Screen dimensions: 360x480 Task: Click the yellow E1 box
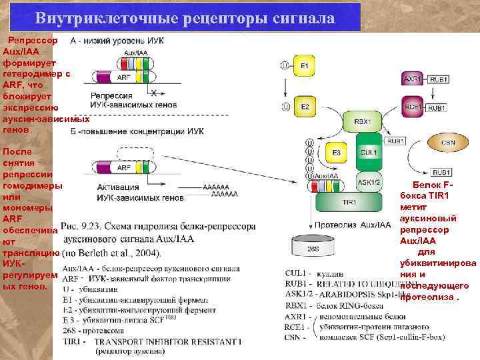305,65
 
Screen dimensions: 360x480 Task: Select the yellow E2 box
305,107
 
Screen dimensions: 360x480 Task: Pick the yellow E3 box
337,153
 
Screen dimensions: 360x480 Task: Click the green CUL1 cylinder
369,152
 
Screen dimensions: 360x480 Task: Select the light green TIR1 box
349,201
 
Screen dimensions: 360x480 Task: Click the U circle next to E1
285,65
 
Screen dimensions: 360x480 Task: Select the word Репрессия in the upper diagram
107,96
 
